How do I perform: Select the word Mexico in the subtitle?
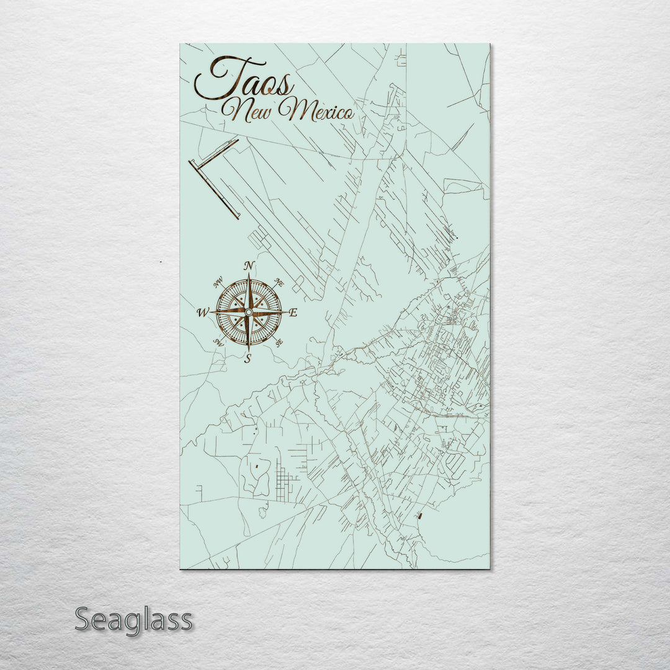(x=316, y=112)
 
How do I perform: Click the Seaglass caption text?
(x=133, y=619)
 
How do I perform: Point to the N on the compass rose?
(x=249, y=266)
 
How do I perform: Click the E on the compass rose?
(x=293, y=313)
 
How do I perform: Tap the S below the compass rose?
(x=248, y=358)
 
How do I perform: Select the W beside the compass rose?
(x=203, y=313)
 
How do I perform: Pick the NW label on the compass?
(x=218, y=285)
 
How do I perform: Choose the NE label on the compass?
(x=279, y=283)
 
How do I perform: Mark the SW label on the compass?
(x=218, y=342)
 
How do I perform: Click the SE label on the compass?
(x=279, y=342)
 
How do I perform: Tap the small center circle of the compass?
(x=248, y=311)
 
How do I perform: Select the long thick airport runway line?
(x=214, y=189)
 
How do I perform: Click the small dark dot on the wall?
(x=160, y=262)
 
